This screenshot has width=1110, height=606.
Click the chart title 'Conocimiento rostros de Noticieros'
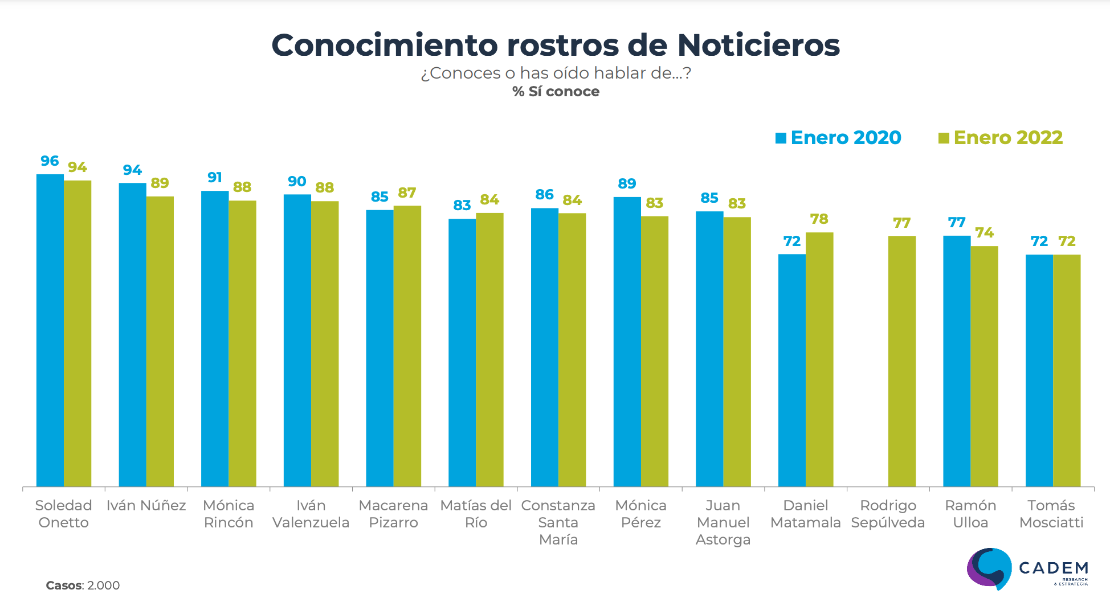[556, 45]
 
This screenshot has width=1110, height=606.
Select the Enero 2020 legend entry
[838, 138]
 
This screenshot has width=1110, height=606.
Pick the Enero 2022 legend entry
[1001, 138]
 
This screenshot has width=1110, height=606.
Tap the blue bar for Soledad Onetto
[50, 330]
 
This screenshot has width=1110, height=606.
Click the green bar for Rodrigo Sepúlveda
[901, 361]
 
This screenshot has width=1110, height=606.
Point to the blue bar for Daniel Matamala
[792, 370]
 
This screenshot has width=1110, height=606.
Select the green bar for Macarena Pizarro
[407, 346]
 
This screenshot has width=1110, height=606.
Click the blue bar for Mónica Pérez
[627, 342]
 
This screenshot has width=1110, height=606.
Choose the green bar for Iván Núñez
[160, 342]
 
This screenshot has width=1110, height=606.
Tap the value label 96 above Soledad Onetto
[50, 161]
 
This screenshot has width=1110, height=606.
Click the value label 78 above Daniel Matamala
[819, 219]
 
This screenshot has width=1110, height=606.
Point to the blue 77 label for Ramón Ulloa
[957, 223]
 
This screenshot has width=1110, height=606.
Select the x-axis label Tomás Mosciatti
[1051, 514]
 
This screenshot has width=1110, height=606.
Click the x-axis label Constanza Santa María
[558, 522]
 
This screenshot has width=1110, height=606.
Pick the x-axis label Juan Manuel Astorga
[723, 522]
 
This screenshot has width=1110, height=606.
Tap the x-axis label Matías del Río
[476, 514]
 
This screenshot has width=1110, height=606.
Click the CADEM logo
[1027, 569]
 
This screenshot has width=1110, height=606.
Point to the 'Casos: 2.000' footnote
[83, 585]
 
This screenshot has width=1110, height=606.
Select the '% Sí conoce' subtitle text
[556, 92]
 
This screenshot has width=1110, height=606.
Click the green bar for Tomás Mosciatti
[1067, 370]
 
